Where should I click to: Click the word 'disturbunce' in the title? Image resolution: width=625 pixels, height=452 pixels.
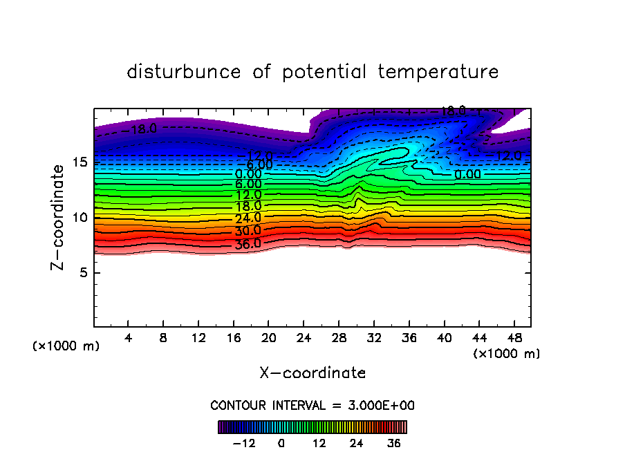pos(184,72)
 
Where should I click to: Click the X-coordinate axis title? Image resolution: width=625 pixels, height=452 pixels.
pos(312,373)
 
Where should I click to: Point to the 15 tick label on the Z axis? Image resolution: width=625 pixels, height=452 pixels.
pos(80,162)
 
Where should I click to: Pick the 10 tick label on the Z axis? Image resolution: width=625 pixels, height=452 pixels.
pos(80,218)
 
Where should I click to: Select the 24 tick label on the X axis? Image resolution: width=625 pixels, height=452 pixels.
pos(304,338)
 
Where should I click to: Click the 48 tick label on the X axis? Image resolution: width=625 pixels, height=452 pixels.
pos(514,338)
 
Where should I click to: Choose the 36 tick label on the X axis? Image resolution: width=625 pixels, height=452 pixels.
pos(409,338)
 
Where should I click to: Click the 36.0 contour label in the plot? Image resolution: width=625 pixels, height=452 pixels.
pos(248,243)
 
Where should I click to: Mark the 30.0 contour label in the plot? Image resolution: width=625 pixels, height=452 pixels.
pos(248,231)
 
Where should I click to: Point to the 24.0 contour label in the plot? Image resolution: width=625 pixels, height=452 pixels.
pos(248,218)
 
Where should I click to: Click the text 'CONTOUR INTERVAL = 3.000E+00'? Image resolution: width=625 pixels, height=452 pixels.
pos(312,405)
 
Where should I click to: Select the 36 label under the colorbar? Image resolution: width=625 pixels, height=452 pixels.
pos(393,443)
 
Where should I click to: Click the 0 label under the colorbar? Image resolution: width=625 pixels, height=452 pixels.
pos(281,443)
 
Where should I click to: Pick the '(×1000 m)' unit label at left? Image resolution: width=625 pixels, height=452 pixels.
pos(66,346)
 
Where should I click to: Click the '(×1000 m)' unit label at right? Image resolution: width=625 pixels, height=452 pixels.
pos(507,354)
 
